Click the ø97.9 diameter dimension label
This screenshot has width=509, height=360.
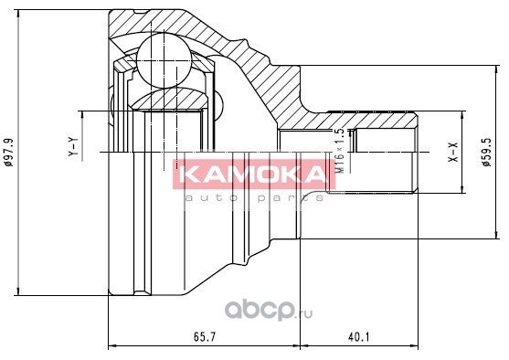click(9, 153)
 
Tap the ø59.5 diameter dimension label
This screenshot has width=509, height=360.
click(486, 152)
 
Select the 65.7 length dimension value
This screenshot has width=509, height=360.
click(205, 337)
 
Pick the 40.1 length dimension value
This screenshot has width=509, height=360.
click(359, 337)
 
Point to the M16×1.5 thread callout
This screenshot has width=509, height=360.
click(340, 151)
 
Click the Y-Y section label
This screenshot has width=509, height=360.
click(73, 147)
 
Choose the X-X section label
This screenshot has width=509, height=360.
click(453, 152)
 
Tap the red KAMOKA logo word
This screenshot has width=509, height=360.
click(254, 175)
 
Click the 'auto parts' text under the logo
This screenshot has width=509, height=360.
click(254, 197)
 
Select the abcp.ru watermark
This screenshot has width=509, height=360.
click(269, 311)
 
